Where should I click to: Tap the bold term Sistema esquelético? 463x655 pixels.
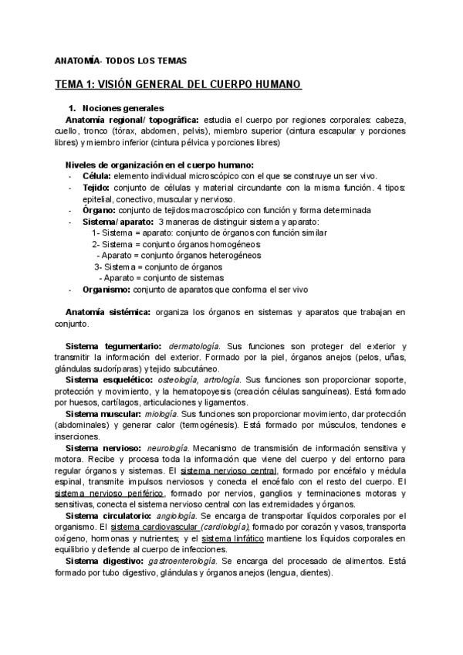[x=109, y=380]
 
